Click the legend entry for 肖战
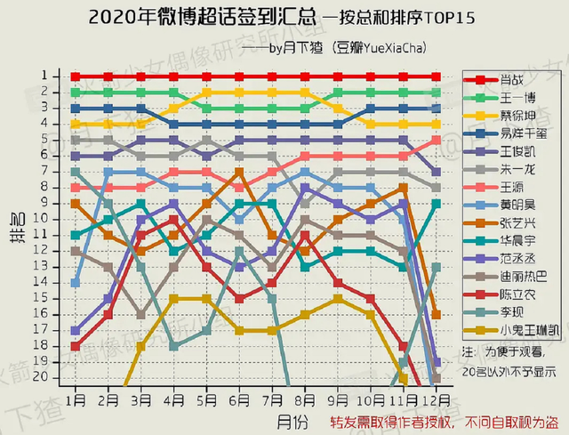512,79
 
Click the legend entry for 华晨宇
512,242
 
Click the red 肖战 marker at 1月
76,77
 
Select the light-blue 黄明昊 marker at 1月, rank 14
76,282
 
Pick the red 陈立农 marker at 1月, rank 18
76,346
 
